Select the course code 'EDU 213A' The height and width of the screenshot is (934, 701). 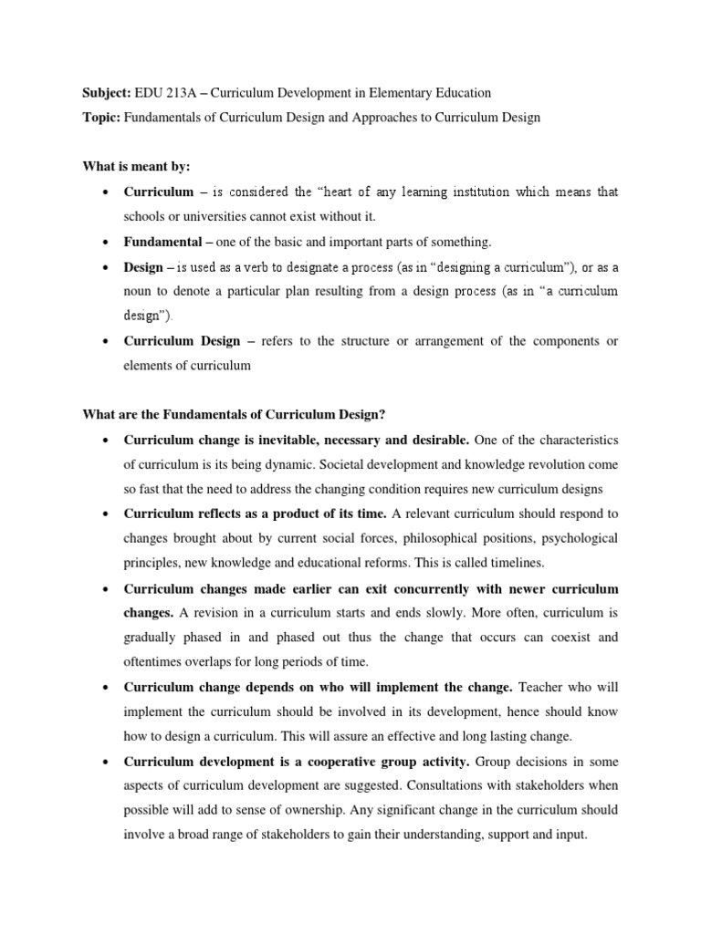click(x=161, y=92)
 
